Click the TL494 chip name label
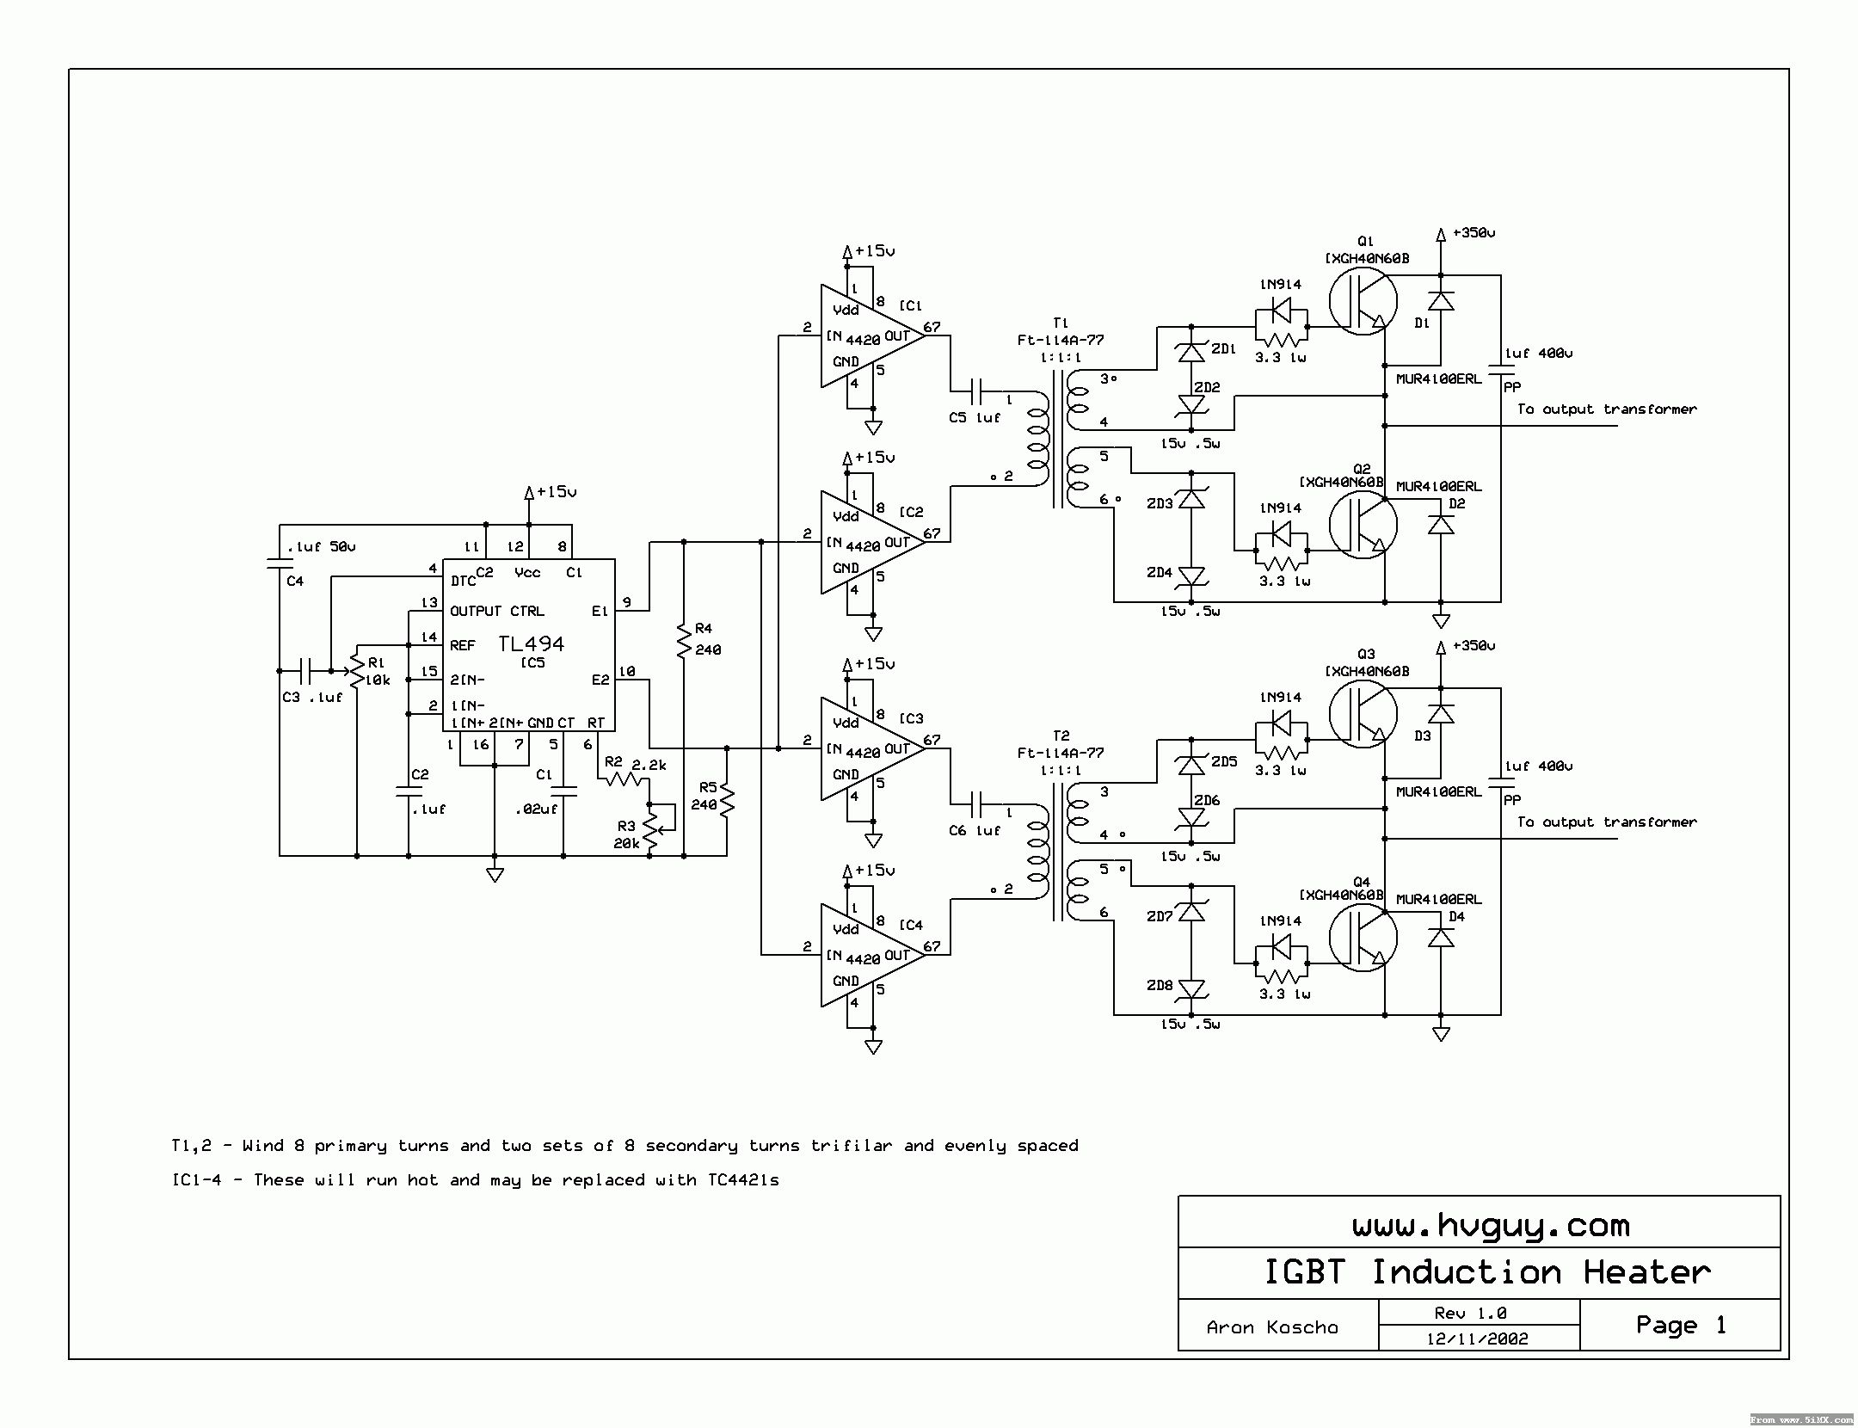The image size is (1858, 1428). tap(531, 643)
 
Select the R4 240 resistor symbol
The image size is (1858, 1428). tap(684, 641)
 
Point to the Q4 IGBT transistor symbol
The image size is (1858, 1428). tap(1362, 938)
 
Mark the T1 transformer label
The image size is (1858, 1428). tap(1060, 323)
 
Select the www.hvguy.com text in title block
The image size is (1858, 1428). tap(1491, 1225)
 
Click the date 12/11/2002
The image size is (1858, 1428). tap(1477, 1339)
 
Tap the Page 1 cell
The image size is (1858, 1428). tap(1680, 1325)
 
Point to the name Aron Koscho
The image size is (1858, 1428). tap(1272, 1327)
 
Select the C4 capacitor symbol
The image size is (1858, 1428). tap(280, 563)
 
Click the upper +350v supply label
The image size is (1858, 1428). tap(1473, 232)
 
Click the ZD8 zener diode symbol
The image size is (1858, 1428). tap(1191, 989)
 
